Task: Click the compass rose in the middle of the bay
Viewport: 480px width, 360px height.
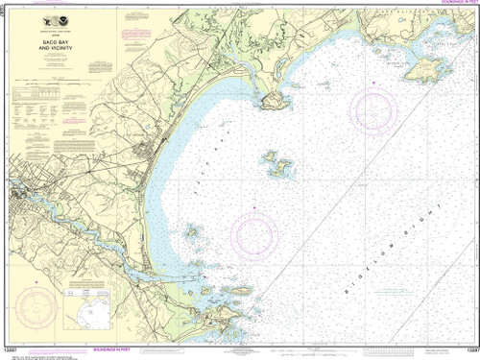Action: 255,231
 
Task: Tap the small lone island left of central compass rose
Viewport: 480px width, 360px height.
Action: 192,230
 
